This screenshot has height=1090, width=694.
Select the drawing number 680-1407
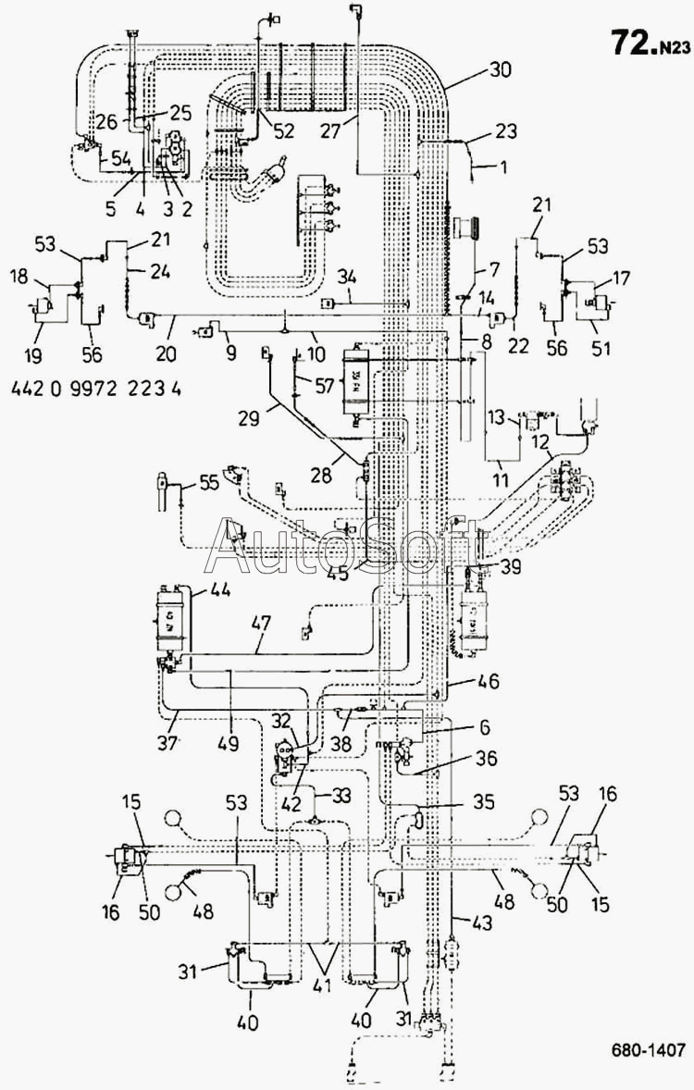click(647, 1049)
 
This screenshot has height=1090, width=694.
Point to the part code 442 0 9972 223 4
click(96, 389)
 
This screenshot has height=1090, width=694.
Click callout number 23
click(505, 131)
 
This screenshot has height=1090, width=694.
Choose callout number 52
click(283, 131)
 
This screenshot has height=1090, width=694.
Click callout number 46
click(488, 682)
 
